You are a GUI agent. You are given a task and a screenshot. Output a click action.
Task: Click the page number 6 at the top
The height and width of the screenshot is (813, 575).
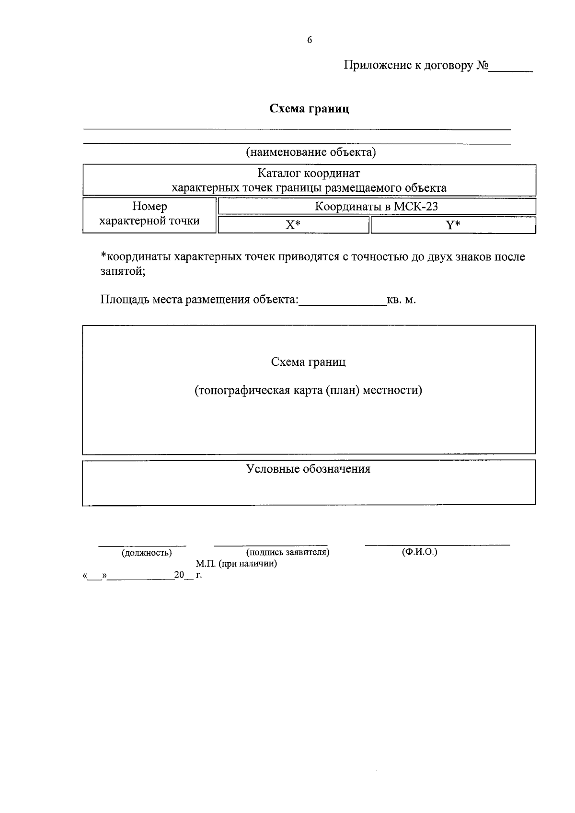point(310,40)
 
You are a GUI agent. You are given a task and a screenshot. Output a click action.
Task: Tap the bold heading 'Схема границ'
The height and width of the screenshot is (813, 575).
point(309,109)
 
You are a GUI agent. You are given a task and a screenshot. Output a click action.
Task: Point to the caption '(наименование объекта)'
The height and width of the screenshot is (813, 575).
point(310,152)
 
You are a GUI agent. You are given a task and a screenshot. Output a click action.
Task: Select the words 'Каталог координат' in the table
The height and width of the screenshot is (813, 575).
point(309,173)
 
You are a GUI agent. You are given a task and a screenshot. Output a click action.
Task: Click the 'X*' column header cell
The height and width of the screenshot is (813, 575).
point(293,225)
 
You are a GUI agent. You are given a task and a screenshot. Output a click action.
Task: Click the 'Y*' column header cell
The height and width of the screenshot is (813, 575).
point(453,225)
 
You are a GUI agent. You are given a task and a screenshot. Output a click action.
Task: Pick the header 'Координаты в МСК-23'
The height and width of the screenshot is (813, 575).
point(376,207)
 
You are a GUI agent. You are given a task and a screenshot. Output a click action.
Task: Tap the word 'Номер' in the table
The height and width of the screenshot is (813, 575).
point(149,207)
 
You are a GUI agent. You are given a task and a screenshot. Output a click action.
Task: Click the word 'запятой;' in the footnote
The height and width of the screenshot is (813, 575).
point(123,271)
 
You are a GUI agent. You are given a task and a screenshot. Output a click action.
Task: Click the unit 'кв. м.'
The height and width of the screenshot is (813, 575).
point(401,300)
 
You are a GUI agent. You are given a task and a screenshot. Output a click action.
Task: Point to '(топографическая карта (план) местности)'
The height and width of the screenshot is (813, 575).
point(308,390)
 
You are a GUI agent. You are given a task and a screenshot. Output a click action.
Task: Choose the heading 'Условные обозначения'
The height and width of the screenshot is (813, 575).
point(308,469)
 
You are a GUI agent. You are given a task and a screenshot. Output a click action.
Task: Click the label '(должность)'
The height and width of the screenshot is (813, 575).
point(147,553)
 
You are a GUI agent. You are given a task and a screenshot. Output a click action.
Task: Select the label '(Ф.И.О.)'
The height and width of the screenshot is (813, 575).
point(420,552)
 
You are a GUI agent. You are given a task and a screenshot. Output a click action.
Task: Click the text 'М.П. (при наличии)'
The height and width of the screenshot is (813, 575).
point(236,564)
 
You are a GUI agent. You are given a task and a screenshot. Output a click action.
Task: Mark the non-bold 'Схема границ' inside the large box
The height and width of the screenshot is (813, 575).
point(308,362)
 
